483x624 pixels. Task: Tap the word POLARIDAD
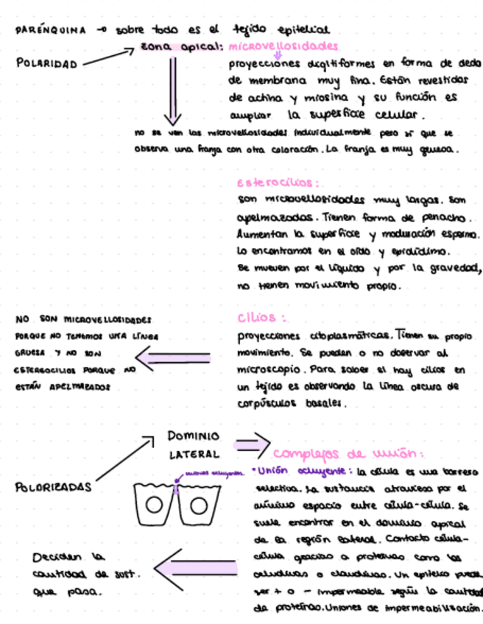click(46, 64)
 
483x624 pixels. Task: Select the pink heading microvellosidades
click(283, 46)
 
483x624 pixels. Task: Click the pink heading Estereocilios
click(277, 182)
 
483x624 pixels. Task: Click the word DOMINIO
click(194, 436)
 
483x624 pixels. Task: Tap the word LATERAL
click(194, 454)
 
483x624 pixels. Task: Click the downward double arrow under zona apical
click(172, 91)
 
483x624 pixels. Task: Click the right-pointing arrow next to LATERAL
click(250, 445)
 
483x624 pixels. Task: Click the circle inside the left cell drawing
click(154, 505)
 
